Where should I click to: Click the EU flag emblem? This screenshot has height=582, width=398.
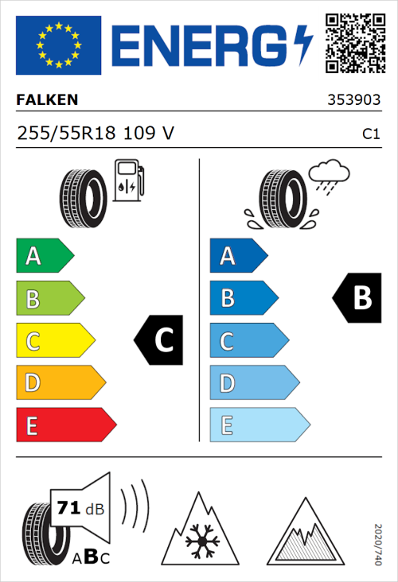tap(58, 45)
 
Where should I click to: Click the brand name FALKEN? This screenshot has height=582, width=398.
tap(47, 101)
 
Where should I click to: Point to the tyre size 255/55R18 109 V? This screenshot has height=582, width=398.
tap(95, 134)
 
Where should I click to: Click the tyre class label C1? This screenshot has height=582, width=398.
tap(370, 134)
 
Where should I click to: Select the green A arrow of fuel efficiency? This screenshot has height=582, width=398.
tap(44, 256)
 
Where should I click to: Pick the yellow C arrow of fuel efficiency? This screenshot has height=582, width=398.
tap(54, 341)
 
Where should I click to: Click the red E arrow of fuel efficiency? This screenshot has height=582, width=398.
tap(65, 425)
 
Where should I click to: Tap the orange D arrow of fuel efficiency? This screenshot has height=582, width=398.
tap(60, 383)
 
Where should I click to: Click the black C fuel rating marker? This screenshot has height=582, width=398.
tap(160, 340)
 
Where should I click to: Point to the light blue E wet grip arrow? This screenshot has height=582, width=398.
tap(259, 425)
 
